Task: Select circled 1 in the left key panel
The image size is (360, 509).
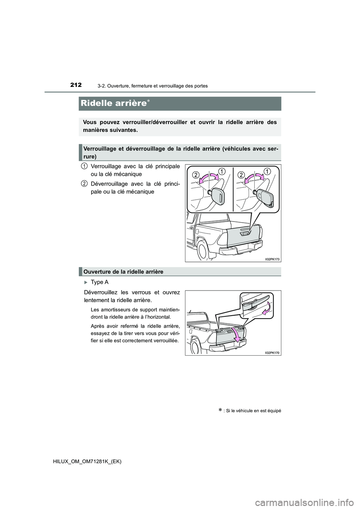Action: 222,171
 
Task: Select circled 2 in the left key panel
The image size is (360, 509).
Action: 196,175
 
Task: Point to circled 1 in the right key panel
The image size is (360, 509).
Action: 267,171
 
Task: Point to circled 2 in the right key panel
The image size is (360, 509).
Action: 241,175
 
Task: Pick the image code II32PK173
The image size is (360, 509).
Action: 273,259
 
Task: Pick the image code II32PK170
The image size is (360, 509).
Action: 273,353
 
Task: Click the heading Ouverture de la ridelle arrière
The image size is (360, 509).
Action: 123,272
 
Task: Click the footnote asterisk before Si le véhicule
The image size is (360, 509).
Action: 220,410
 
